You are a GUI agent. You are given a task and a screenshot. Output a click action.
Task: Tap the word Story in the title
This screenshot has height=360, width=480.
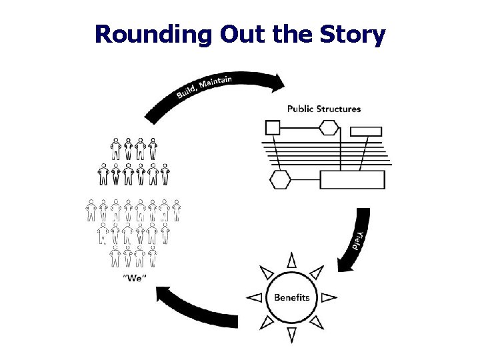(x=351, y=35)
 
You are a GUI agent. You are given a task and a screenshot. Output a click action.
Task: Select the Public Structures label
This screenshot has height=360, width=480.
(x=323, y=109)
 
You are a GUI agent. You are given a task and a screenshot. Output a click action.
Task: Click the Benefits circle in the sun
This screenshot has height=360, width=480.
(x=291, y=297)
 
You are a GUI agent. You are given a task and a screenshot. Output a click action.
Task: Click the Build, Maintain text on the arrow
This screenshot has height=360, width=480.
(x=204, y=88)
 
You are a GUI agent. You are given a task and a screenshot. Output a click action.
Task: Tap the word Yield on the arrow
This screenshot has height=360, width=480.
(x=359, y=239)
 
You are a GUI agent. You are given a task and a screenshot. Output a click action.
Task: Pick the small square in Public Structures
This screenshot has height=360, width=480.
(x=273, y=127)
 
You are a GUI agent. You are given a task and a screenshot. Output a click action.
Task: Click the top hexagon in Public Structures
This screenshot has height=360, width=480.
(x=329, y=127)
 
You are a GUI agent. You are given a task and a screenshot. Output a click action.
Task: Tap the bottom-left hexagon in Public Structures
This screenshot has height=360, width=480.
(x=279, y=179)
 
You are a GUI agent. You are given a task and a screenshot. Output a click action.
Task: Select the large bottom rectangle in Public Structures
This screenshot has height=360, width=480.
(x=352, y=180)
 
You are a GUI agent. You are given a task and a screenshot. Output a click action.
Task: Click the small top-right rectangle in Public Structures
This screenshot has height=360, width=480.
(x=365, y=131)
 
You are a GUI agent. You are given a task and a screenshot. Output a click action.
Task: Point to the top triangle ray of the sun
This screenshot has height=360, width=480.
(x=291, y=260)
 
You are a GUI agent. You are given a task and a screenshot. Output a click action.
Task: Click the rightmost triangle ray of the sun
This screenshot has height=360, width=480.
(x=329, y=297)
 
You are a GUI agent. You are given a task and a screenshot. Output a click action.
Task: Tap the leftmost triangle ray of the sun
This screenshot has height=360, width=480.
(x=254, y=297)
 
